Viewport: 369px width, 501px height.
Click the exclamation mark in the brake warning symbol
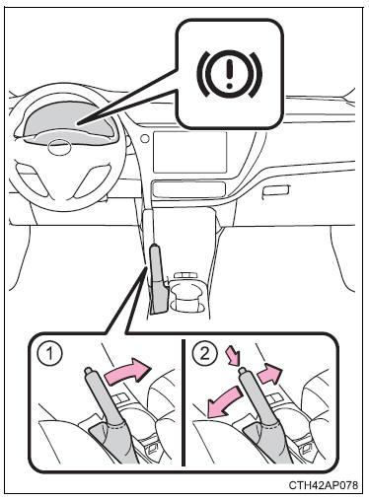point(230,72)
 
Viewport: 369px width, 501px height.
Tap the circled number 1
point(49,355)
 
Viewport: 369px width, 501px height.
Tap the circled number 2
point(204,354)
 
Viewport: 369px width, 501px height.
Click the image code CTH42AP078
point(324,484)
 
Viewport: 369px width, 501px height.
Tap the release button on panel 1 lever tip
point(89,371)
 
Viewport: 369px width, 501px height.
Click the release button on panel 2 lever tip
point(244,371)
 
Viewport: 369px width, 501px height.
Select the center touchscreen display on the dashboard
point(189,152)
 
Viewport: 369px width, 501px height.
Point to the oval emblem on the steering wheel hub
point(59,147)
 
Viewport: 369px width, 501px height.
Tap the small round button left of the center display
point(144,138)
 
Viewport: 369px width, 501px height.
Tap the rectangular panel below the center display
point(188,190)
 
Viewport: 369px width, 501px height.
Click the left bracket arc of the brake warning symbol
point(202,74)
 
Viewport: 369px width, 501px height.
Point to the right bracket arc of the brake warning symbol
point(257,75)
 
